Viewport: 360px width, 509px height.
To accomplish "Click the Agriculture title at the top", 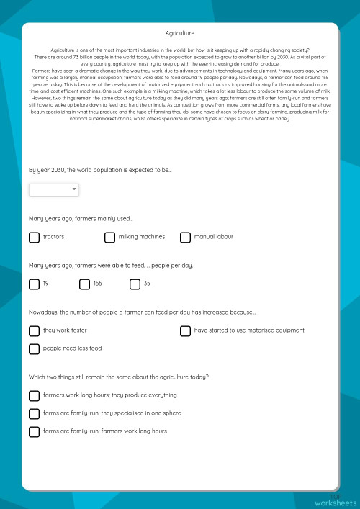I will click(180, 33).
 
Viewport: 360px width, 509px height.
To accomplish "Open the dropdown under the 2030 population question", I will click(54, 189).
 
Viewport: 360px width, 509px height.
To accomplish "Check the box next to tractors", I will click(34, 237).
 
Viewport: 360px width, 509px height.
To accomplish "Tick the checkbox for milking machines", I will click(109, 237).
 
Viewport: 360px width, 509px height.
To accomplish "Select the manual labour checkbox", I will click(185, 237).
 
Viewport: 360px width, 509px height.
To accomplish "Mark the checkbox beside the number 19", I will click(34, 284).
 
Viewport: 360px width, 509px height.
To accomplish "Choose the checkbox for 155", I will click(84, 284).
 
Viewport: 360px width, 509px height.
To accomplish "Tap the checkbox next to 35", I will click(135, 284).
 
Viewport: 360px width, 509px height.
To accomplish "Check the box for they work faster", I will click(34, 331).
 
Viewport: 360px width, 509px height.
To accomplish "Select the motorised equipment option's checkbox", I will click(185, 331).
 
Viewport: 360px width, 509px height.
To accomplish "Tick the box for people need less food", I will click(34, 349).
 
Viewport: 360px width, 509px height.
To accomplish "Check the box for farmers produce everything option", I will click(34, 395).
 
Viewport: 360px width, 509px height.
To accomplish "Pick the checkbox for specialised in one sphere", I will click(34, 413).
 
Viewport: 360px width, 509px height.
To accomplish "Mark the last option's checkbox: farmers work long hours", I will click(34, 431).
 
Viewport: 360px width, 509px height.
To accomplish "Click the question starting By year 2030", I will click(100, 170).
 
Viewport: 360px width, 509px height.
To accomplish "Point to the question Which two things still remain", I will click(119, 377).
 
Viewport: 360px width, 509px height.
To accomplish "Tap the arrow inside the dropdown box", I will click(74, 189).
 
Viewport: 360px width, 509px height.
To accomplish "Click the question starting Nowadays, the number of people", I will click(142, 312).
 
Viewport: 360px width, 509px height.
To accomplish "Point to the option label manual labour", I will click(214, 237).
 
